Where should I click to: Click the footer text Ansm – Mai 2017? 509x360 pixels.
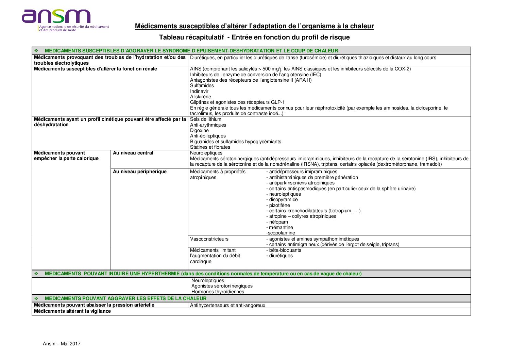(62, 344)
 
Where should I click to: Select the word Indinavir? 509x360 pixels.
(199, 91)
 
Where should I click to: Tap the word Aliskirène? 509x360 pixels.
(201, 97)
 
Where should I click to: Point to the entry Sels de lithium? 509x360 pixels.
(206, 119)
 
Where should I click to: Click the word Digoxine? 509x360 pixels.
(199, 130)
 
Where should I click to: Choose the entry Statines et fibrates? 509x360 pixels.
(210, 147)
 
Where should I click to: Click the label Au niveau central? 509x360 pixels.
(133, 153)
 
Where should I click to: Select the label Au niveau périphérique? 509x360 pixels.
(140, 171)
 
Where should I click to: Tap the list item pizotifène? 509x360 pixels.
(279, 205)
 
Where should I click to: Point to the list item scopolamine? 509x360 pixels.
(281, 233)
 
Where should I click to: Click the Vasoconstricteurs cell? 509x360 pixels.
(209, 239)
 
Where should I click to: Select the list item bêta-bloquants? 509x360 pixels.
(285, 250)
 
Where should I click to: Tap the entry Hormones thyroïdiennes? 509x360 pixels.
(218, 292)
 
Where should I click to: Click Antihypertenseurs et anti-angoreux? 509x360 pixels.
(227, 305)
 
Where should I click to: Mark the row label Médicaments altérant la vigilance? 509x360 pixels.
(72, 311)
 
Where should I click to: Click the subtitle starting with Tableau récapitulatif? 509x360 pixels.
(254, 37)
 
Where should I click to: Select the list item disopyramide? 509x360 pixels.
(283, 199)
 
